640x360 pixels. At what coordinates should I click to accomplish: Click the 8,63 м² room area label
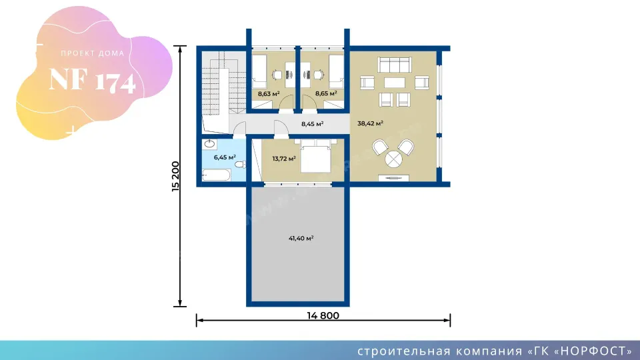click(269, 94)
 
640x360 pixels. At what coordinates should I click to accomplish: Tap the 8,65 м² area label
click(326, 93)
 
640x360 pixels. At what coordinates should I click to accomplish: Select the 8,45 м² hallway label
click(312, 124)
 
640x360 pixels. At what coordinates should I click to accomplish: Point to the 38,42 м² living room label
click(370, 123)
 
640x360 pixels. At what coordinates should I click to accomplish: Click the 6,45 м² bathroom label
click(225, 157)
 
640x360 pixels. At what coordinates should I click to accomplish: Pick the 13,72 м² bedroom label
click(284, 159)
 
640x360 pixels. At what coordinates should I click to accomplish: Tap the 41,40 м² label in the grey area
click(301, 239)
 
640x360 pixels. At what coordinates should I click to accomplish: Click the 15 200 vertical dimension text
click(175, 176)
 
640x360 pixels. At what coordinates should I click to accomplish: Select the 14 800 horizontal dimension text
click(323, 315)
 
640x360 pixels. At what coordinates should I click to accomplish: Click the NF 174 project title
click(92, 81)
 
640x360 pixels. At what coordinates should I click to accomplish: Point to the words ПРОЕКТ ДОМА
click(93, 53)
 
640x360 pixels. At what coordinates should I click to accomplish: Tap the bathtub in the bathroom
click(216, 175)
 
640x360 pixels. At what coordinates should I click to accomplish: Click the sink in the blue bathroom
click(209, 144)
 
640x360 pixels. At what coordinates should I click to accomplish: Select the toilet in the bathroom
click(241, 164)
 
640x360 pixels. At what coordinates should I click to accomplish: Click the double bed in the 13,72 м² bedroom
click(315, 156)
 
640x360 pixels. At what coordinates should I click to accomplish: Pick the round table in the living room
click(393, 159)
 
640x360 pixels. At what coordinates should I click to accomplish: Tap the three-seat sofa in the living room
click(394, 65)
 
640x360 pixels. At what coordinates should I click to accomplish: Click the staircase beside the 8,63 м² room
click(224, 84)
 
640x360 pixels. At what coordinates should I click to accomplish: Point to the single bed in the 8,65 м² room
click(336, 72)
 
